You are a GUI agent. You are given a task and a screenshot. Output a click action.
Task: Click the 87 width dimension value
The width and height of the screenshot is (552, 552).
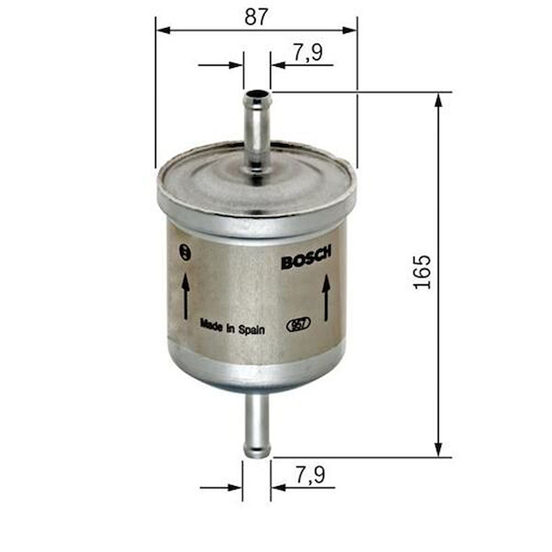256,17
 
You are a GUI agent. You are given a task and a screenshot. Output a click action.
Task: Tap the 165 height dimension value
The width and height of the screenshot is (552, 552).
422,272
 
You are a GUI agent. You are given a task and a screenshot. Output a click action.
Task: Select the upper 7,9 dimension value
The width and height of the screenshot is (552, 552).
307,53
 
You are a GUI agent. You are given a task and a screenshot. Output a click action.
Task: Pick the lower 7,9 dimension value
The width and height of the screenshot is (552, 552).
310,476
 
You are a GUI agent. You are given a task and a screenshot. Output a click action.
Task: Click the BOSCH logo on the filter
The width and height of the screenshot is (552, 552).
306,258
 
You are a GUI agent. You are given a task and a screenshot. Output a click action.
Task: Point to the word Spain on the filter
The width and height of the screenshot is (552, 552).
252,330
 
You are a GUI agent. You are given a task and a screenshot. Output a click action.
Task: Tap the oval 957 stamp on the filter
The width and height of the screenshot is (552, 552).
298,325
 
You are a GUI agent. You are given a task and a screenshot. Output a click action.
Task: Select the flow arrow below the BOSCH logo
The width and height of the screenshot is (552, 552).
326,298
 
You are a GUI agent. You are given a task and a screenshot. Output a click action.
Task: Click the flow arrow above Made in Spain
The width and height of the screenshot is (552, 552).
186,296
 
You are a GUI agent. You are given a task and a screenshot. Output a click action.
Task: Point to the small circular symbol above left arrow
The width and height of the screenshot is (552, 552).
186,251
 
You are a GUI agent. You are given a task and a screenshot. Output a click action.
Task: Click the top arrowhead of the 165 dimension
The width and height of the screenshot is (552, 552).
438,100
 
